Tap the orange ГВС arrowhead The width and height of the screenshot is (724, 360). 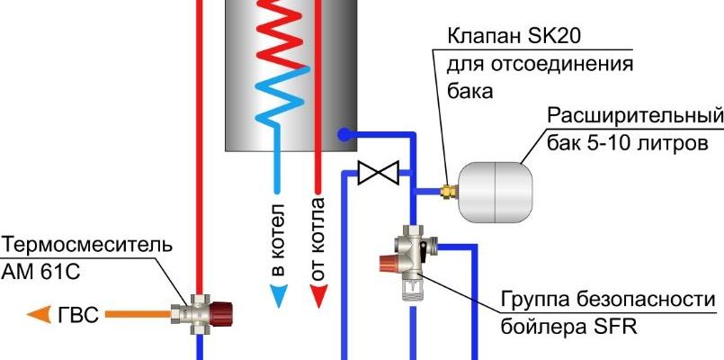tap(39, 315)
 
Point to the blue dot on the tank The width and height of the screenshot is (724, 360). tap(344, 135)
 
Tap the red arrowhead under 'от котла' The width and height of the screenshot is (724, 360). tap(317, 294)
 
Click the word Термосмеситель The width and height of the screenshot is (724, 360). tap(86, 245)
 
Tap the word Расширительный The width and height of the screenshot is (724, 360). tap(635, 118)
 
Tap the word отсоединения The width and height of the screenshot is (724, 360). tap(569, 66)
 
